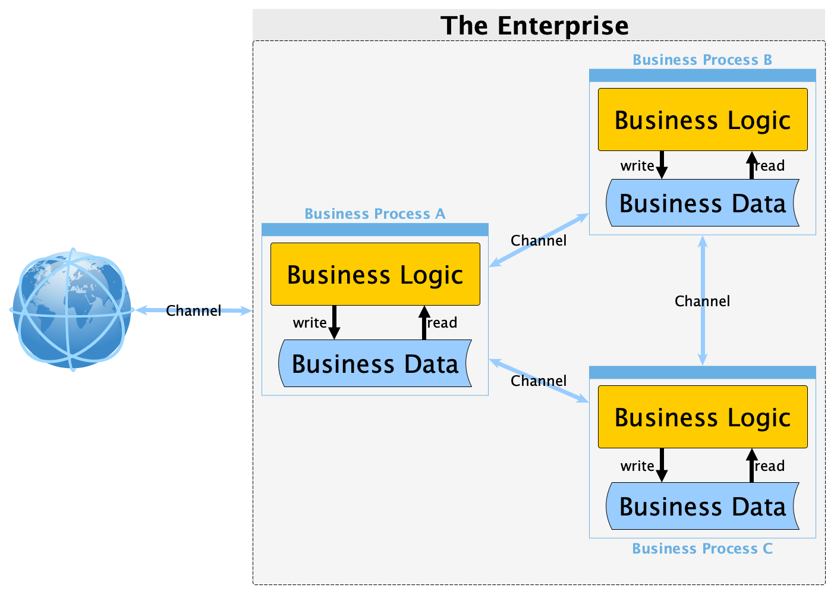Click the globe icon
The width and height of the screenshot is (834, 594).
tap(71, 310)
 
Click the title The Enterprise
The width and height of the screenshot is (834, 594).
tap(534, 26)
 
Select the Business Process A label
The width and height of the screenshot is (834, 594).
tap(374, 214)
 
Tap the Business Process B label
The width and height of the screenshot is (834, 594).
tap(702, 60)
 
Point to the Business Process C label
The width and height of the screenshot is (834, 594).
tap(702, 549)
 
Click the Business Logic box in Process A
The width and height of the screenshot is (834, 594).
tap(375, 274)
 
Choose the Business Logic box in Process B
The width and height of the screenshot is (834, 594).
tap(703, 120)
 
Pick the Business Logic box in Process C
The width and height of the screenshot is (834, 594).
tap(703, 417)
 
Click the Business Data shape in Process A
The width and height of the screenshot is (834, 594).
tap(375, 363)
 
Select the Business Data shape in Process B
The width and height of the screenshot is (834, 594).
tap(703, 203)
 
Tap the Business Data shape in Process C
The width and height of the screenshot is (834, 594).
tap(703, 506)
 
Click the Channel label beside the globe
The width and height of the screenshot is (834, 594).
tap(193, 310)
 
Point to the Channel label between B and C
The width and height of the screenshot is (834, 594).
tap(702, 301)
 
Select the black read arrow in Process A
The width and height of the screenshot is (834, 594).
tap(424, 322)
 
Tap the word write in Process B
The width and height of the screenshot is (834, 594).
tap(637, 166)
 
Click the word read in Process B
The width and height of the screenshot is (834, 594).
tap(770, 166)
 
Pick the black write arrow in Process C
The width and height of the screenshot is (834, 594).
tap(662, 465)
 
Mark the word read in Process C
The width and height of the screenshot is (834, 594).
tap(770, 466)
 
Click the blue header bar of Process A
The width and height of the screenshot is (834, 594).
tap(375, 230)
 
